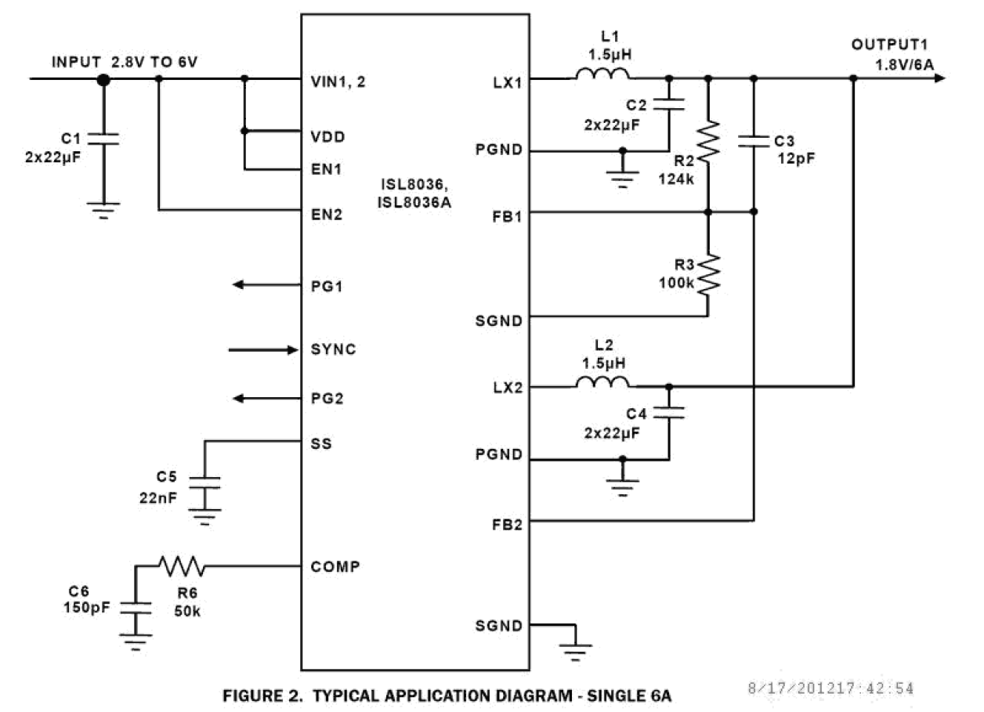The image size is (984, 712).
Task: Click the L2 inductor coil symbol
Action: click(602, 382)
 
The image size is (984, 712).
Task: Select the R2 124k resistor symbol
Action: click(708, 142)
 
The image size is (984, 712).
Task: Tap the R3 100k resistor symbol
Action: click(708, 274)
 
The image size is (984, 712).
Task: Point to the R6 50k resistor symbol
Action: click(182, 565)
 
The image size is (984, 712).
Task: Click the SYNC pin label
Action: click(333, 349)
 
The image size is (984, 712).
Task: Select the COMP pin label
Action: click(335, 566)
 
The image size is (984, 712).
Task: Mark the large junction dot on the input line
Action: click(103, 79)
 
